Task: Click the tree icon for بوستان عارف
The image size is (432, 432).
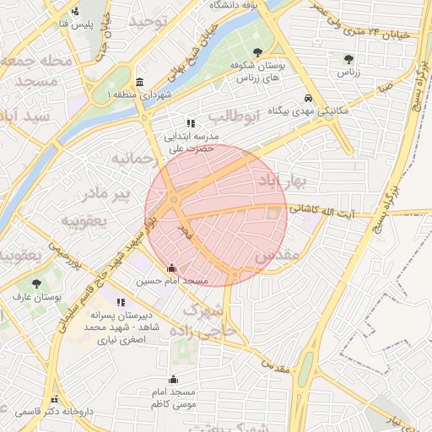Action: [x=35, y=283]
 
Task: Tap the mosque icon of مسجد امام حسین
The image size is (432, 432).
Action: [x=172, y=268]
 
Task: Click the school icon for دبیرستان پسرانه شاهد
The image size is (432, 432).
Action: [x=121, y=302]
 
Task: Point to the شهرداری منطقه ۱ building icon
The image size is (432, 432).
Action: [x=138, y=82]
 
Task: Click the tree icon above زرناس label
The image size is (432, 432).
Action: [x=348, y=59]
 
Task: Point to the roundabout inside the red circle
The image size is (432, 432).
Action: [x=174, y=200]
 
